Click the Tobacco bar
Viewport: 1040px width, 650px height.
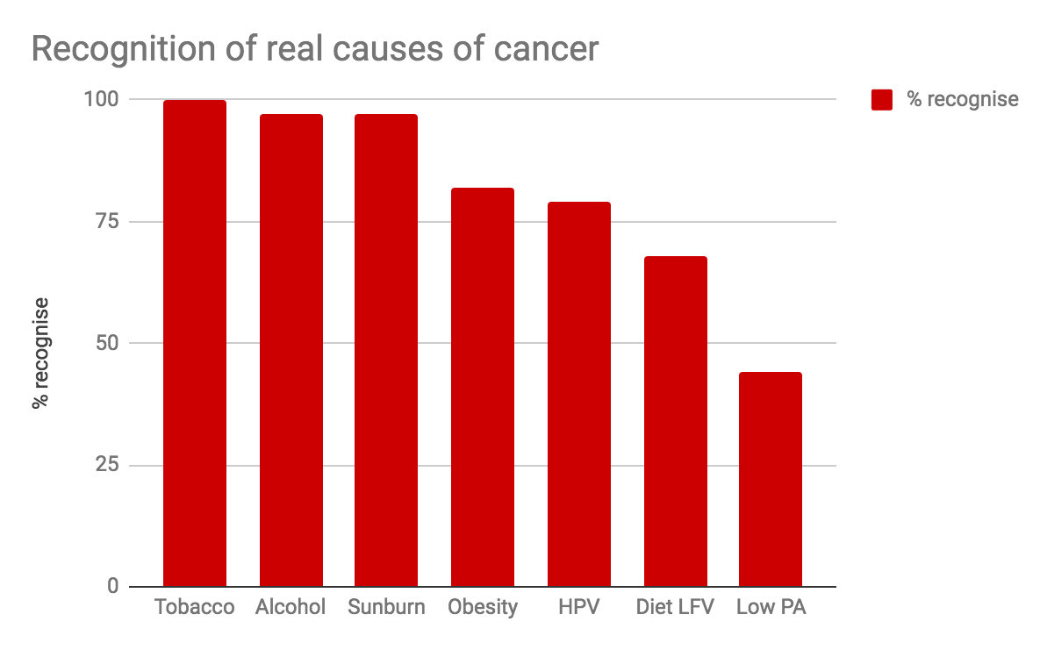tap(195, 343)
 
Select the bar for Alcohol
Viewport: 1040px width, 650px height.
tap(290, 350)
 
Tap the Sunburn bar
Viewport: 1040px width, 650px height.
tap(386, 350)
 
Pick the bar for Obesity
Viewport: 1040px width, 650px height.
tap(483, 387)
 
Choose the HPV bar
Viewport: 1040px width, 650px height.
tap(578, 394)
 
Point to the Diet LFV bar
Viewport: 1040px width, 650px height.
tap(675, 421)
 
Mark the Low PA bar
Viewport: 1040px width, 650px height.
tap(771, 479)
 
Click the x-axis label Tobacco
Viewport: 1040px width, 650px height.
tap(195, 607)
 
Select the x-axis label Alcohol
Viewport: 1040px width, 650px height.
tap(290, 607)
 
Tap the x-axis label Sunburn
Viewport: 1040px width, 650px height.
tap(386, 607)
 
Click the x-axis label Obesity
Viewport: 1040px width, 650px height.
tap(483, 607)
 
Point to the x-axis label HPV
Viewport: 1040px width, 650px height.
tap(578, 607)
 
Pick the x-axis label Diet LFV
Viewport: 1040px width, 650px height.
tap(675, 607)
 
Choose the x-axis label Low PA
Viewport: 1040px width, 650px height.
tap(771, 607)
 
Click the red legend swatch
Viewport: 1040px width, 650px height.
tap(882, 100)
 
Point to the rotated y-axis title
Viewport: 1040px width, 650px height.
tap(39, 354)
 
